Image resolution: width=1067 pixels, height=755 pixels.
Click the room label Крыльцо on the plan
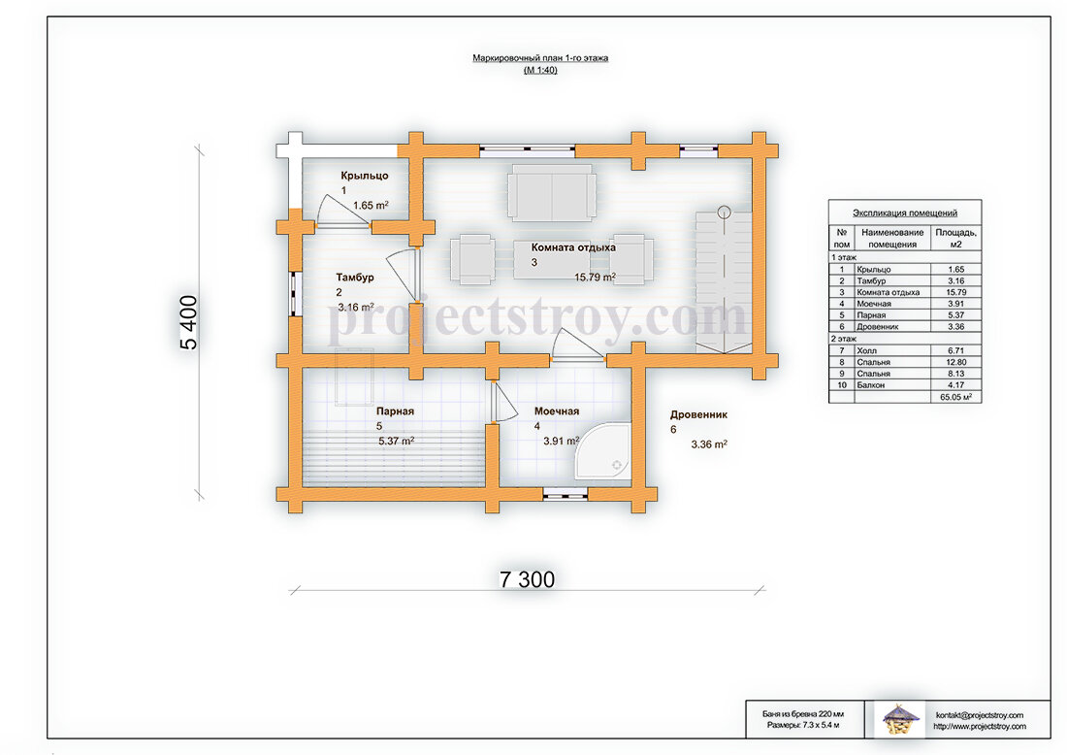pyautogui.click(x=365, y=176)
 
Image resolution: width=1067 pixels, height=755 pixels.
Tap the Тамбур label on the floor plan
pyautogui.click(x=354, y=278)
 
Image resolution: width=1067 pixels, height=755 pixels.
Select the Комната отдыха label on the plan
pyautogui.click(x=573, y=247)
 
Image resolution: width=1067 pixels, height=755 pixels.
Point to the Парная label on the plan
pyautogui.click(x=395, y=411)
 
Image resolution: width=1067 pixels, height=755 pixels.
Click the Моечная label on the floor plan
pyautogui.click(x=557, y=411)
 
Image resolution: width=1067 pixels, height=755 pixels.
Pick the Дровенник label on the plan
pyautogui.click(x=698, y=414)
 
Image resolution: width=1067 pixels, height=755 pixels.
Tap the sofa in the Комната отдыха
pyautogui.click(x=552, y=193)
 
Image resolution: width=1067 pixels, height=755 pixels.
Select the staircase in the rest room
pyautogui.click(x=724, y=281)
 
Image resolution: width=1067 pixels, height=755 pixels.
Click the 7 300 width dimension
pyautogui.click(x=528, y=579)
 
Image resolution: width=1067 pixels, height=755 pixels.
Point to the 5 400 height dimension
pyautogui.click(x=188, y=323)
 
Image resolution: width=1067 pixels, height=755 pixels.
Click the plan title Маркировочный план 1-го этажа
pyautogui.click(x=540, y=58)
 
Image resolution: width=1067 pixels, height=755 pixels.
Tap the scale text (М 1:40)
pyautogui.click(x=540, y=70)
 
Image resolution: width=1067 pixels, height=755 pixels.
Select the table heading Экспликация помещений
pyautogui.click(x=905, y=213)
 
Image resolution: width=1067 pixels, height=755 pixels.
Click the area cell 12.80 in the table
pyautogui.click(x=956, y=362)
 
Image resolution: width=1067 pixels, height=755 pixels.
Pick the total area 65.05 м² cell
pyautogui.click(x=956, y=396)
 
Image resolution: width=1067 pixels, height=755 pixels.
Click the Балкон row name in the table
pyautogui.click(x=871, y=385)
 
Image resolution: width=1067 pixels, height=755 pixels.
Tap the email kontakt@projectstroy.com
pyautogui.click(x=980, y=715)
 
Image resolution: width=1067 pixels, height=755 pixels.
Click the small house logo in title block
pyautogui.click(x=900, y=719)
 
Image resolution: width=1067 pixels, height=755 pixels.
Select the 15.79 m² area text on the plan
pyautogui.click(x=596, y=278)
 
